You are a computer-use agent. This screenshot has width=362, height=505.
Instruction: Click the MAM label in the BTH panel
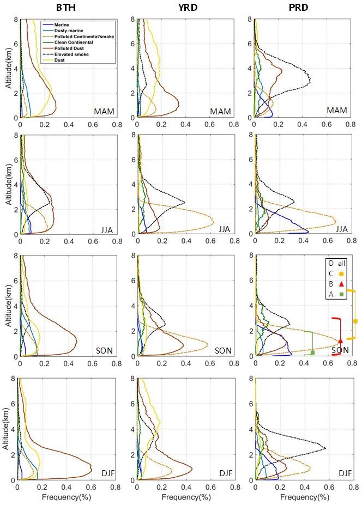tap(103, 112)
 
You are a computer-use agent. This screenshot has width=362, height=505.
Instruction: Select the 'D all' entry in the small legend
tap(336, 263)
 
